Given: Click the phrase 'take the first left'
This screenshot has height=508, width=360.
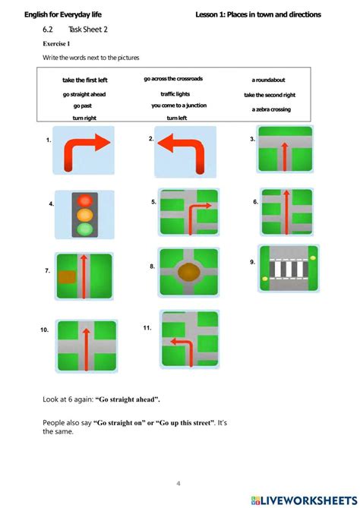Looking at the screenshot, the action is [x=85, y=80].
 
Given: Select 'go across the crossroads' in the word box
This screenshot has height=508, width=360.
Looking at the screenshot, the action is [x=173, y=79].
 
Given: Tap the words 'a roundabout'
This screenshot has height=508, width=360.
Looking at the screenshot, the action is [x=268, y=80].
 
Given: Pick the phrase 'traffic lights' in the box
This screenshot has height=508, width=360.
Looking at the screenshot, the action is [x=175, y=94].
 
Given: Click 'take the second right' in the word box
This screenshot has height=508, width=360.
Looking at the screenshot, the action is [x=270, y=95].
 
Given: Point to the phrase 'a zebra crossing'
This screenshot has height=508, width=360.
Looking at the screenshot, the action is [x=271, y=109].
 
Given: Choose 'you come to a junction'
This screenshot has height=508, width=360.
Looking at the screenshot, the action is [x=179, y=106].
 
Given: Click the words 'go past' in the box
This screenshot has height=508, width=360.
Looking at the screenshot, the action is [x=83, y=106].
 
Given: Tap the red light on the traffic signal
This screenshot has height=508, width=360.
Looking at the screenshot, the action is [x=85, y=200].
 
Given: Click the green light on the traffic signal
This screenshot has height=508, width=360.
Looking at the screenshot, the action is [x=85, y=229].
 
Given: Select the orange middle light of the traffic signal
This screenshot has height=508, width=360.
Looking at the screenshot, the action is [x=85, y=215].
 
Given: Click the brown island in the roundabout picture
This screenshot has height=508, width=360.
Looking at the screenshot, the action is [x=188, y=272].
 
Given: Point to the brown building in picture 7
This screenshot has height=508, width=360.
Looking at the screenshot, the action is [x=67, y=277].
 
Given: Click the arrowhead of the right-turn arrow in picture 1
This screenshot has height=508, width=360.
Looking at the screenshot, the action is [x=103, y=142].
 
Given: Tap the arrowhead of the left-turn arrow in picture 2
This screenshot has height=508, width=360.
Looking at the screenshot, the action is [x=166, y=144].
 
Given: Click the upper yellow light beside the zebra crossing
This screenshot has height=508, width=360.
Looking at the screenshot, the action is [x=313, y=258].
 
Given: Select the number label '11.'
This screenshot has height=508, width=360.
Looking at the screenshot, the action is [x=147, y=328].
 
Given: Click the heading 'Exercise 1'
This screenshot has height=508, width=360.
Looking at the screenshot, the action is [x=56, y=44].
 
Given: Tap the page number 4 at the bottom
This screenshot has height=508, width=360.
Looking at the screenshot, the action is [x=178, y=484].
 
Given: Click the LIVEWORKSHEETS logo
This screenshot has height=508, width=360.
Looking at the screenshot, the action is [x=304, y=500].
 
